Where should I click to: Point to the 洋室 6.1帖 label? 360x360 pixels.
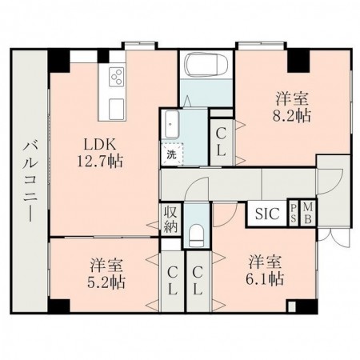[x=265, y=270]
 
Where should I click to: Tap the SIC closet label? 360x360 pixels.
[x=267, y=213]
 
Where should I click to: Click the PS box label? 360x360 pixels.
[x=294, y=213]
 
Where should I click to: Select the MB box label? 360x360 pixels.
[x=309, y=213]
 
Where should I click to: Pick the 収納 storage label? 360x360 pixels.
[x=170, y=219]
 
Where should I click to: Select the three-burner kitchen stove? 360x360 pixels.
[x=116, y=78]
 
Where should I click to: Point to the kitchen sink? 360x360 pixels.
[x=114, y=106]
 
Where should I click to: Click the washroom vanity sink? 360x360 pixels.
[x=171, y=123]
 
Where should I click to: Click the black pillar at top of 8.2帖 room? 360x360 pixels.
[x=298, y=58]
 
